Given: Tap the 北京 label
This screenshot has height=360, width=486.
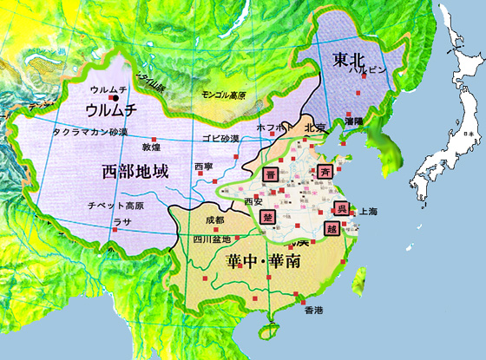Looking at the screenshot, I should [x=317, y=128].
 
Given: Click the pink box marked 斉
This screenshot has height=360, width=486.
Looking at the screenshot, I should [x=325, y=170].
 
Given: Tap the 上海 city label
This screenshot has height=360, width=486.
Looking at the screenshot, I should [x=368, y=211].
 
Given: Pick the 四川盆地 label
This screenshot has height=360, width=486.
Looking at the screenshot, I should [x=212, y=239].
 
